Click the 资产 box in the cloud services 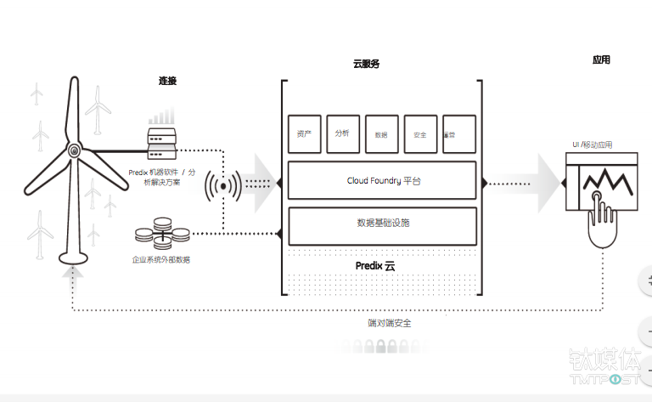pos(303,134)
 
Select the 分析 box pos(343,133)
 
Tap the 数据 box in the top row pos(381,134)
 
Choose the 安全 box pos(420,134)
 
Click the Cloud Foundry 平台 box pos(381,180)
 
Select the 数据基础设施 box pos(381,224)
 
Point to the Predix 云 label pos(374,266)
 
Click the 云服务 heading pos(367,64)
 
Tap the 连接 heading pos(168,81)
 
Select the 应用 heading pos(601,60)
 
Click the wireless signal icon pos(223,184)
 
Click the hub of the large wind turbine pos(75,151)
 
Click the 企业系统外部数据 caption pos(160,259)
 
